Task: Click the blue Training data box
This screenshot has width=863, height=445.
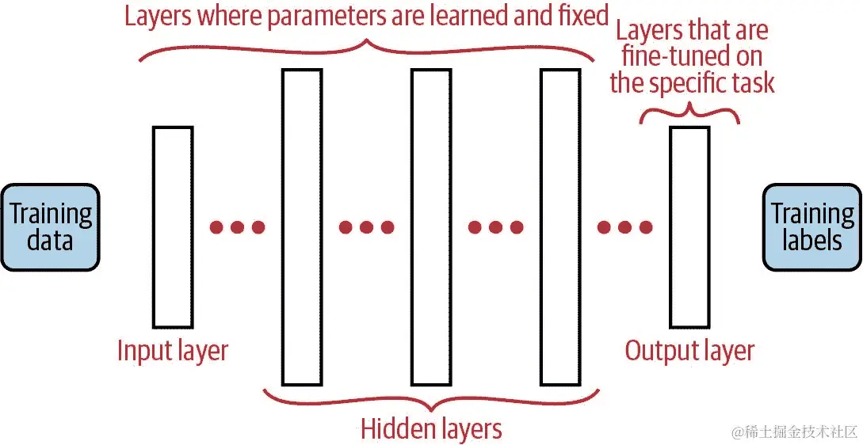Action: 50,227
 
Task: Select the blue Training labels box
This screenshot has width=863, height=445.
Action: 811,227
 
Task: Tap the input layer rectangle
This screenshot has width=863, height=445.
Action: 172,226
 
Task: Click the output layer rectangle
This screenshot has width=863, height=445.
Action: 689,226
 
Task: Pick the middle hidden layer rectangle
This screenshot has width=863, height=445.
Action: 431,226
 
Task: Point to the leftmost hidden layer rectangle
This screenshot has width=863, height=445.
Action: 302,226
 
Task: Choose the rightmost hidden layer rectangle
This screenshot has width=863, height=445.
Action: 560,226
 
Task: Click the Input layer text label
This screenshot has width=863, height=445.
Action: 172,350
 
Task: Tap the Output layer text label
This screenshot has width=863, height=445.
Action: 689,350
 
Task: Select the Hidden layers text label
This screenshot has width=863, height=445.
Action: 431,428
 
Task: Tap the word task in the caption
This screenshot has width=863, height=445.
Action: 752,83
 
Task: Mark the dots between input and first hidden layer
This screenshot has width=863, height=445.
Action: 237,228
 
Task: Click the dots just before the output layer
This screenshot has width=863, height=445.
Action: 624,228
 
